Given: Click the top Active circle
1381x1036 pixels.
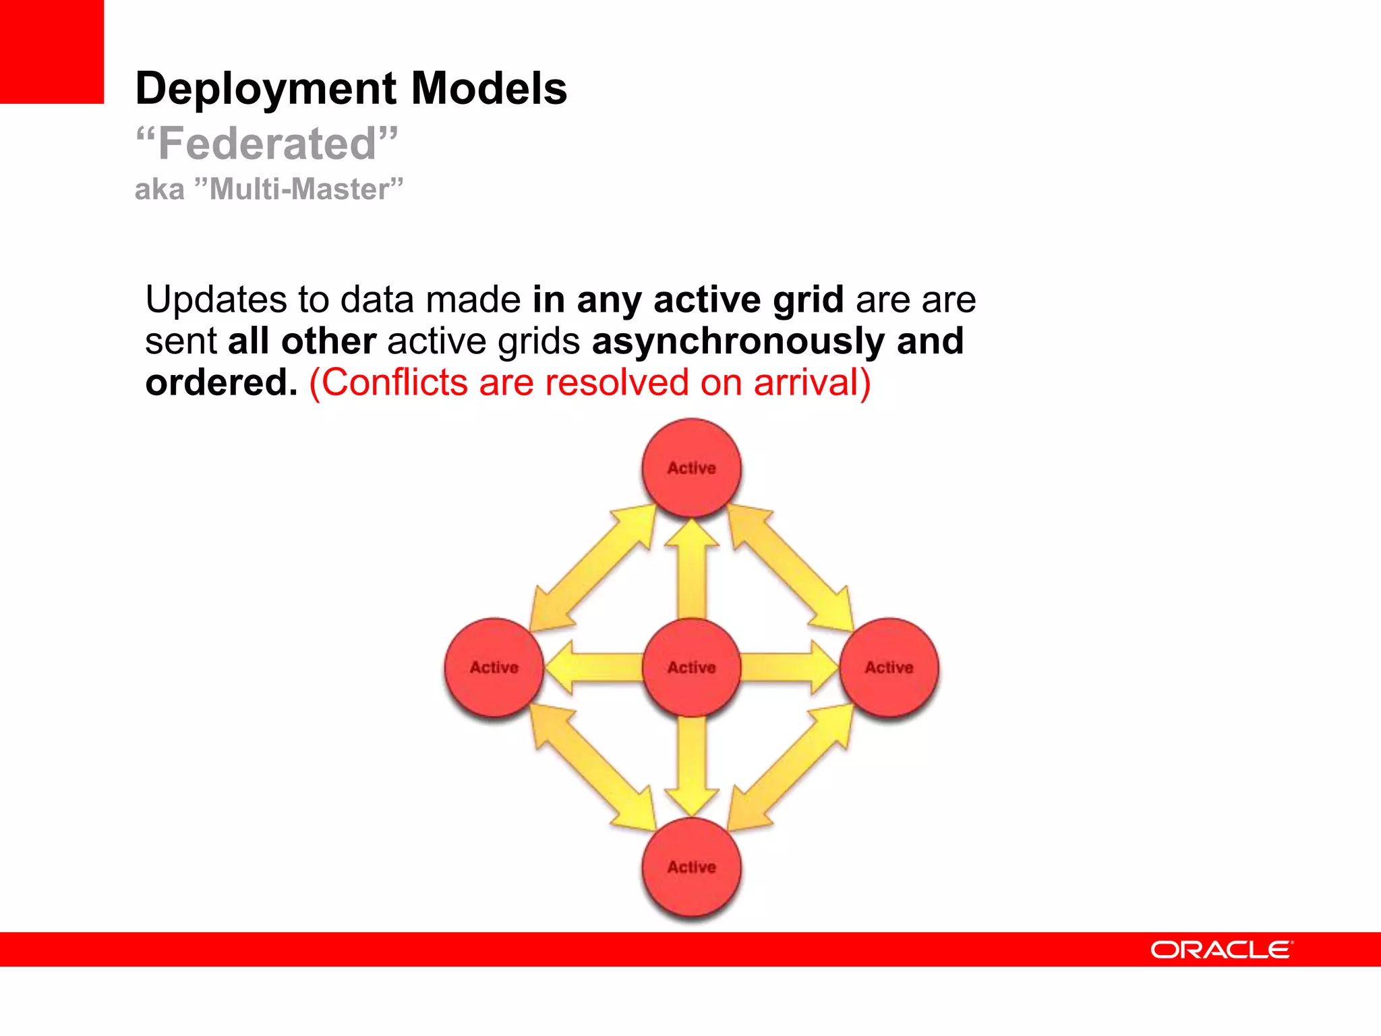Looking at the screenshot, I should point(691,468).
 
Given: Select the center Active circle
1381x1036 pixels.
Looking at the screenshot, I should point(691,667).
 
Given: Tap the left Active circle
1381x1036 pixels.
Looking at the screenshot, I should point(494,667).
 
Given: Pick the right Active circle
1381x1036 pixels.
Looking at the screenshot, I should point(889,667).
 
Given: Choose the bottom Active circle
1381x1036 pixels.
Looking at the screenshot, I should point(691,867).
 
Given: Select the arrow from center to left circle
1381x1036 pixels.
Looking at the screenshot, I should point(593,667).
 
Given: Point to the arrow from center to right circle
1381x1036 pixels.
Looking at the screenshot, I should point(789,667).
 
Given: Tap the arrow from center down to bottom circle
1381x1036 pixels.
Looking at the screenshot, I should point(692,766).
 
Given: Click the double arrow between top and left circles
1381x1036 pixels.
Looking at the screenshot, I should point(592,568).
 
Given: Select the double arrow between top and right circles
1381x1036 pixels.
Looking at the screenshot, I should point(790,568).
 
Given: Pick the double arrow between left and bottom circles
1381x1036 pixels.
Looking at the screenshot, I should point(592,767).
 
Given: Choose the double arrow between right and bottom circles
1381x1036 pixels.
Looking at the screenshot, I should point(790,767).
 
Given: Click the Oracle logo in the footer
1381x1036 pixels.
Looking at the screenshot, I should point(1221,950).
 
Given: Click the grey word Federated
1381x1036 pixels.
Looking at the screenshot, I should point(267,144).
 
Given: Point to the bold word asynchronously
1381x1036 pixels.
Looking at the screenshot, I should point(738,341).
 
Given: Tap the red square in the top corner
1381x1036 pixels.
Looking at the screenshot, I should point(52,51).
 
